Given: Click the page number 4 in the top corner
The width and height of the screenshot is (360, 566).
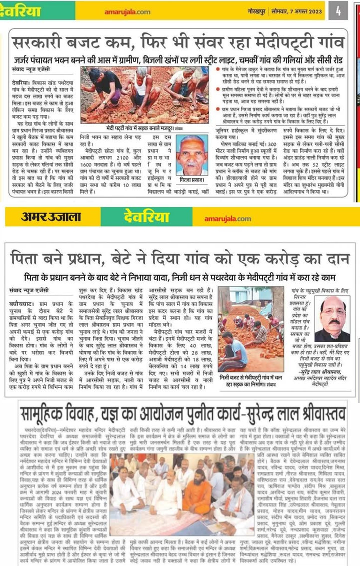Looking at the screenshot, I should point(338,10).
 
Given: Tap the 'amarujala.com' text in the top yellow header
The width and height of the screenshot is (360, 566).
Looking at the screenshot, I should point(127,11).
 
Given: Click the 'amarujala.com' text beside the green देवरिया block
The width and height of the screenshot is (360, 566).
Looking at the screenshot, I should point(227,219).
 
